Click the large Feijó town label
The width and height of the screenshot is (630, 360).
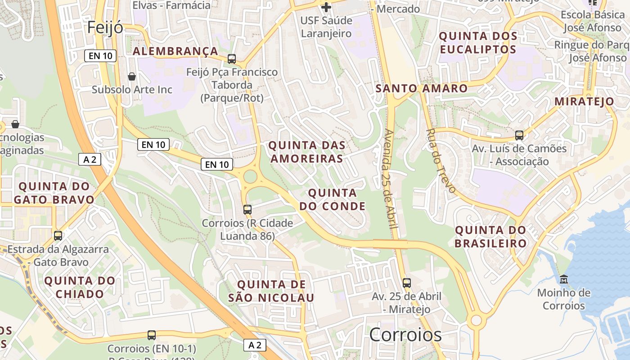105,27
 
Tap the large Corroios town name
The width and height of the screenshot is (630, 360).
405,335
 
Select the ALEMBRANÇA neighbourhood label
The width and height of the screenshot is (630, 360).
175,51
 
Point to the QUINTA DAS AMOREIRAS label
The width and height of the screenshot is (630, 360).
307,152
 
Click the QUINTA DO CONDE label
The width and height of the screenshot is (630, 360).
333,199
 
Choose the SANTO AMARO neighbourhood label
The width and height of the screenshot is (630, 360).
422,88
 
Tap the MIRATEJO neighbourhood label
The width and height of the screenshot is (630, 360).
584,101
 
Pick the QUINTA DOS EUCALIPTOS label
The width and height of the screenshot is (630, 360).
478,42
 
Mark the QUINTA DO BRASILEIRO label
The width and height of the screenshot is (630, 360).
490,237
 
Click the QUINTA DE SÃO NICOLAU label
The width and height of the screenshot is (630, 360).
271,291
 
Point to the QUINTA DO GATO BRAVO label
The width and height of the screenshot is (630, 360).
54,193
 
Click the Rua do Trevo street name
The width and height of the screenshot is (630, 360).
441,161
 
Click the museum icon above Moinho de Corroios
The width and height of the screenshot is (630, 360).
563,279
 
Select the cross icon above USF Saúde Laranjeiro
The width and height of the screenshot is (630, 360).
326,7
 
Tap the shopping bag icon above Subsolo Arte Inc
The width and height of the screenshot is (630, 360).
132,76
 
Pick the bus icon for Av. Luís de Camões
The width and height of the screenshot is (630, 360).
519,135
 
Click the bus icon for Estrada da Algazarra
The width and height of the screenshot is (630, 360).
58,235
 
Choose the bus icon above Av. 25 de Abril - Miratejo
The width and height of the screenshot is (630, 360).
407,283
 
